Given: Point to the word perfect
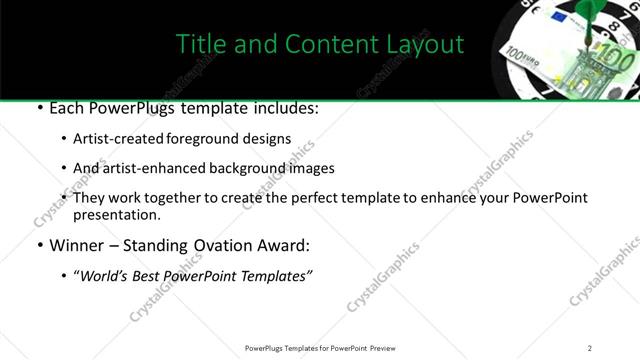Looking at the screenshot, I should coord(331,198).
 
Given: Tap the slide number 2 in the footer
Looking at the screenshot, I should coord(589,347).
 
